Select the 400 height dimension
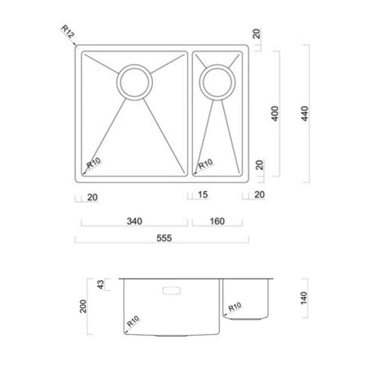pos(275,114)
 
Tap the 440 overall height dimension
pos(306,114)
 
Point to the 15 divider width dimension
pos(201,194)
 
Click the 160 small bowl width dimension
pos(217,220)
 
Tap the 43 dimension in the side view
pos(101,285)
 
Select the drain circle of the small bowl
pos(217,81)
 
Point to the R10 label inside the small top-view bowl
pos(205,164)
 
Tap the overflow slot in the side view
pos(172,289)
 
